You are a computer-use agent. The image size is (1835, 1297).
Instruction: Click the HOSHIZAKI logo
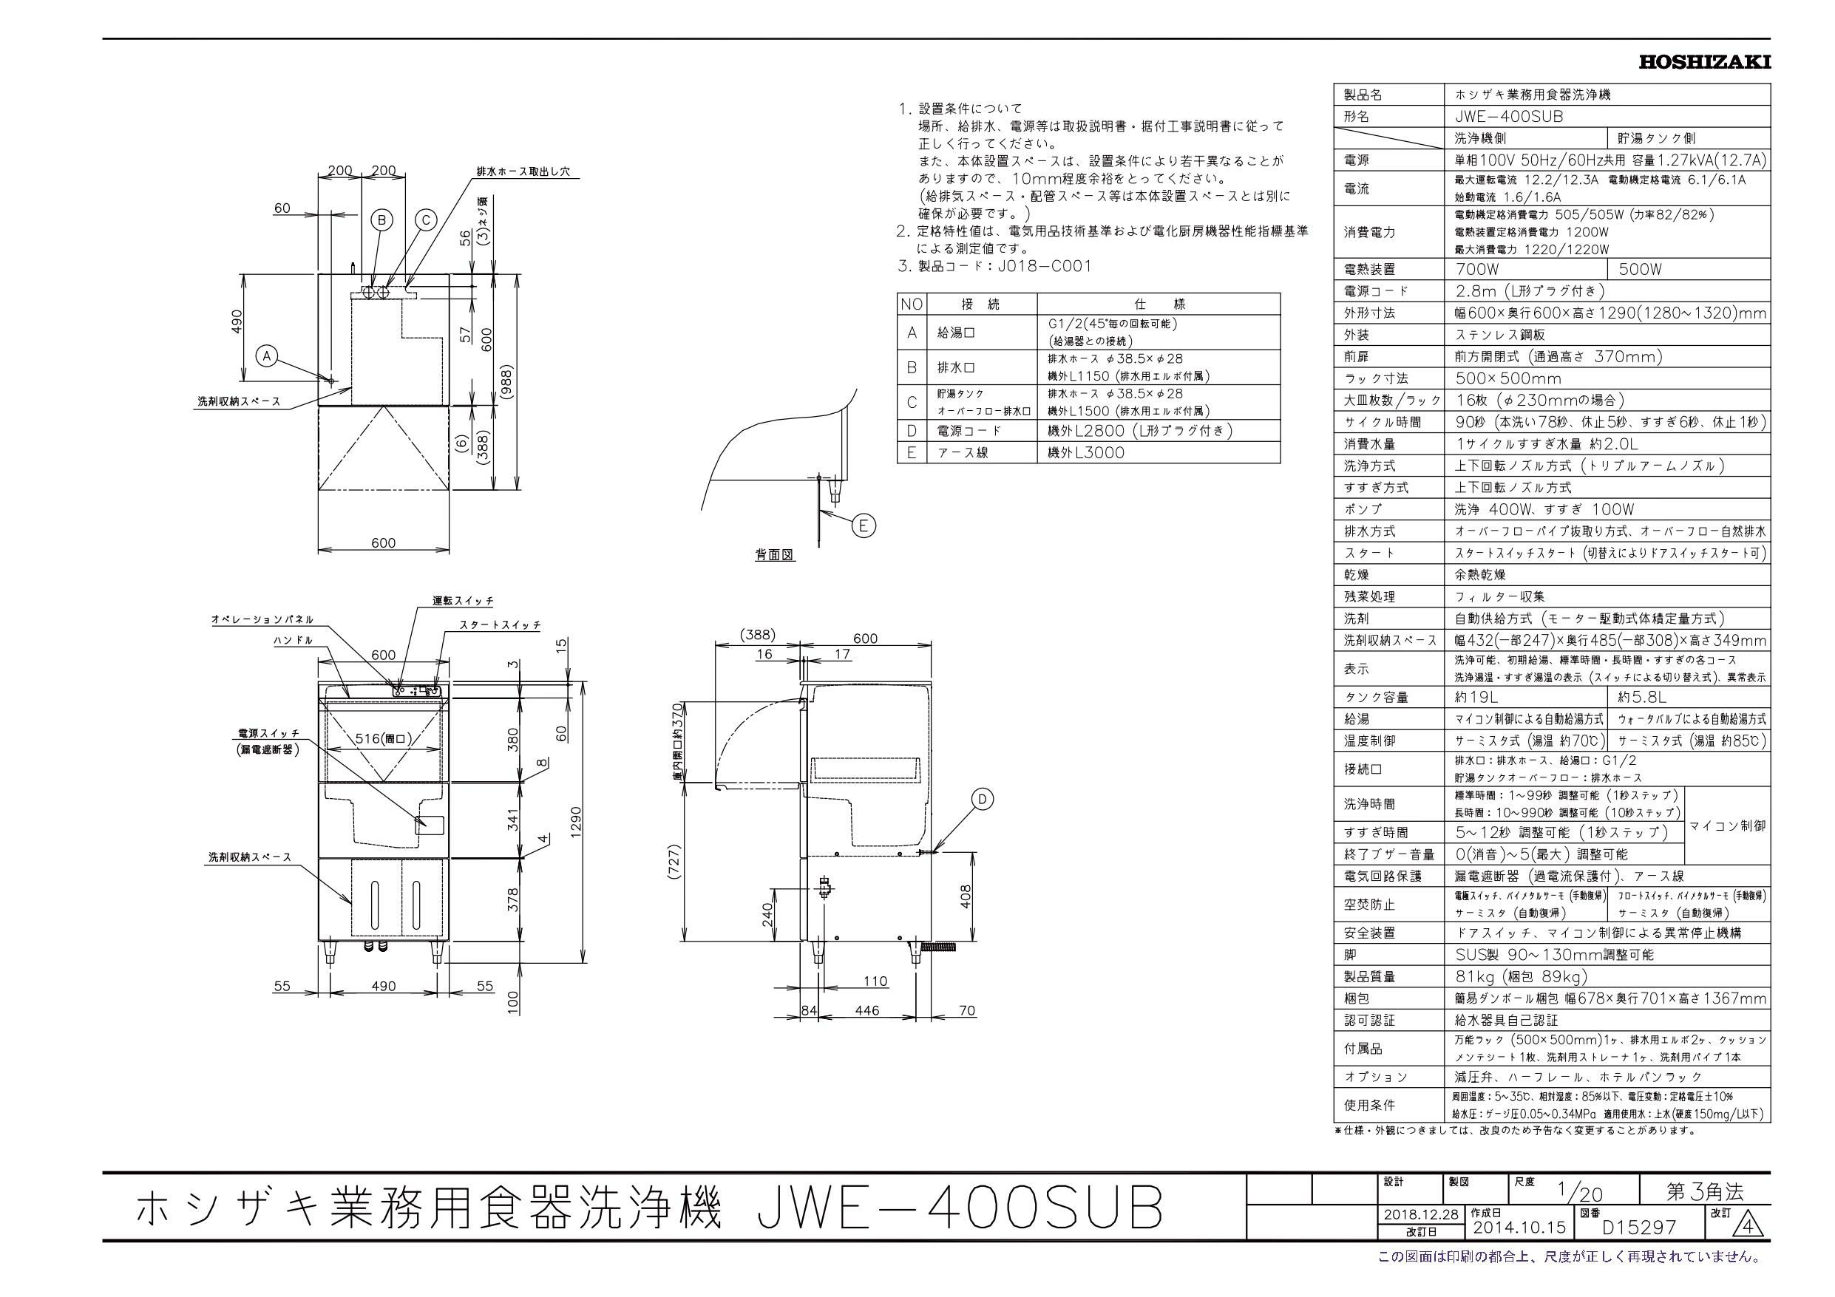[x=1704, y=63]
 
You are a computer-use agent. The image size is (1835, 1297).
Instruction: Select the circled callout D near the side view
[x=983, y=798]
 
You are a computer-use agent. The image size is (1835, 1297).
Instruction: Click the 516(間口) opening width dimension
[x=384, y=738]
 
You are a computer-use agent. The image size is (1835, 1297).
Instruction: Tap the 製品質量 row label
[x=1368, y=976]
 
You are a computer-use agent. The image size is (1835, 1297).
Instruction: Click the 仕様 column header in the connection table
[x=1158, y=304]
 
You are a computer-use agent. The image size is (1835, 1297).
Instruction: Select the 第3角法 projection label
[x=1704, y=1214]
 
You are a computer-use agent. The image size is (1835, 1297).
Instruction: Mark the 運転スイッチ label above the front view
[x=463, y=601]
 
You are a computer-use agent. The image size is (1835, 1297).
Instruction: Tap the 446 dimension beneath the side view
[x=866, y=1010]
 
